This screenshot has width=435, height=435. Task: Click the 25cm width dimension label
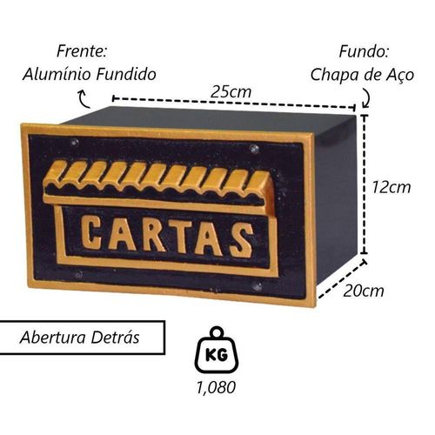point(231,91)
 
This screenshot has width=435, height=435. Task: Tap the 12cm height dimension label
point(391,187)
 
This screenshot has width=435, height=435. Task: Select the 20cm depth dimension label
point(364,291)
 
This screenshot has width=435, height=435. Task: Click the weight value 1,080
point(216,387)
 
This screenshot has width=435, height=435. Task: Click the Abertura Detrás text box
point(82,338)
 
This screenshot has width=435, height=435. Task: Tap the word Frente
point(82,51)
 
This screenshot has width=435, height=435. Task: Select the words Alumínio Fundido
point(90,74)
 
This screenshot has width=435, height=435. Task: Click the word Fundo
point(364,51)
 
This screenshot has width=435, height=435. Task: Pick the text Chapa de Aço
point(362,75)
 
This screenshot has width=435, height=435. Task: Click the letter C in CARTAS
point(91,234)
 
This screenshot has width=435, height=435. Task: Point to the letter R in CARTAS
point(153,237)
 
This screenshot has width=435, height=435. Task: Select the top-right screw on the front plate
point(255,149)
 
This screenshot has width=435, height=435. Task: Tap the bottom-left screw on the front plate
point(78,274)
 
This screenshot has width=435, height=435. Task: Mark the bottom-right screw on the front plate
point(257,286)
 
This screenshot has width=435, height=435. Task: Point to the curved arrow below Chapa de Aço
point(366,97)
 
